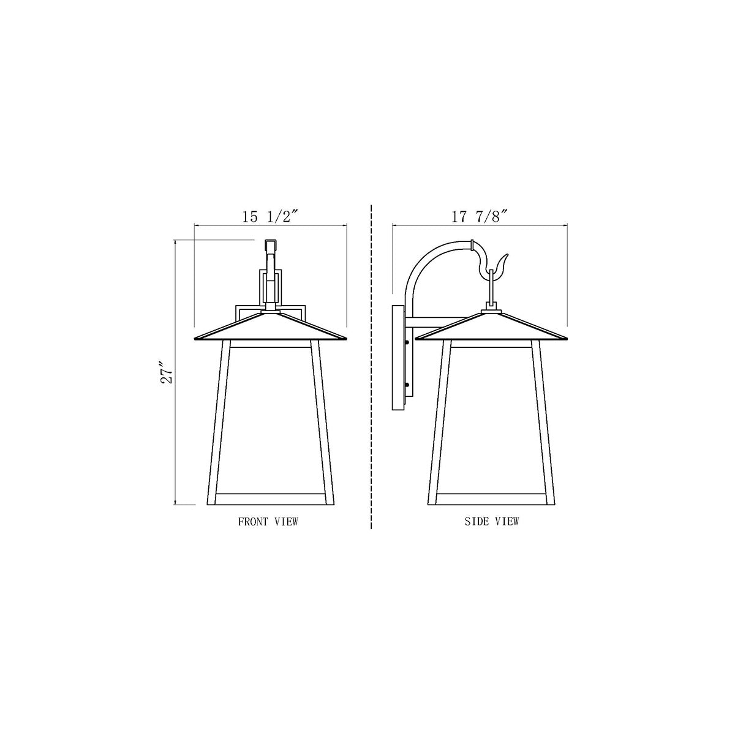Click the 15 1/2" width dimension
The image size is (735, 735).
(269, 217)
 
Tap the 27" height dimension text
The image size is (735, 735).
(167, 372)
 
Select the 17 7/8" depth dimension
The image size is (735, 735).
(480, 217)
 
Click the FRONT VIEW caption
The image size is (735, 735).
(268, 521)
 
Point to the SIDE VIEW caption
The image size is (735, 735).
(492, 521)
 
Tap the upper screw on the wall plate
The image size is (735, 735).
(407, 342)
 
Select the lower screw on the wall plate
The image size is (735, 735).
(407, 385)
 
